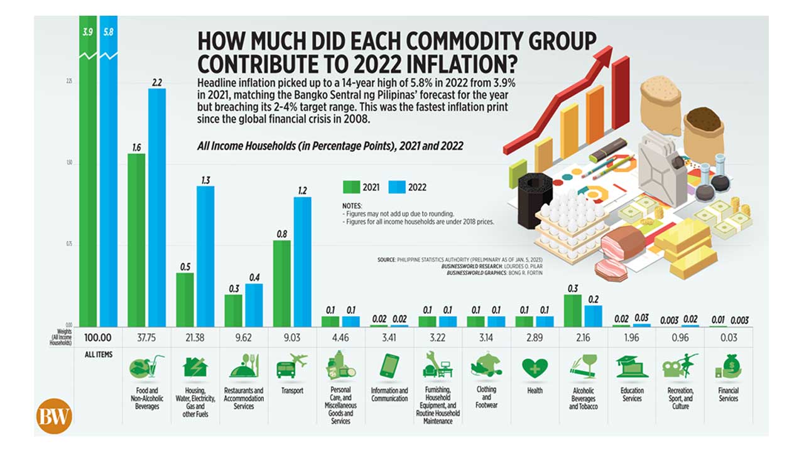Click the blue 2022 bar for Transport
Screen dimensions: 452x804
pyautogui.click(x=302, y=261)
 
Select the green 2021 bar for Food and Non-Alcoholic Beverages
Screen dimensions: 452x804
pyautogui.click(x=136, y=239)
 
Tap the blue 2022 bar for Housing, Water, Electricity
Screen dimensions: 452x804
pyautogui.click(x=205, y=256)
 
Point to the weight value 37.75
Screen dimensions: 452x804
pyautogui.click(x=146, y=338)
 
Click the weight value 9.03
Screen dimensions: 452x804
pyautogui.click(x=292, y=338)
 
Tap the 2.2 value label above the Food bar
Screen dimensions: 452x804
pyautogui.click(x=157, y=82)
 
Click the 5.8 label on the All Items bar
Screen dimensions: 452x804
pyautogui.click(x=108, y=30)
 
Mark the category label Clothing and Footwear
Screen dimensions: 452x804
pyautogui.click(x=486, y=397)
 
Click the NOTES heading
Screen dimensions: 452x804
pyautogui.click(x=352, y=206)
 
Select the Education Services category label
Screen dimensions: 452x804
pyautogui.click(x=632, y=394)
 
